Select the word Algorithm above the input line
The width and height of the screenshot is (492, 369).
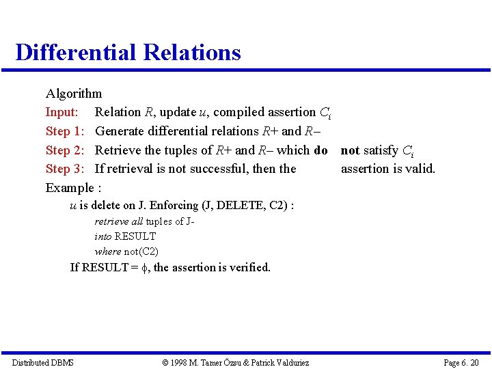click(x=74, y=94)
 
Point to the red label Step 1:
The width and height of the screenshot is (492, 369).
click(x=65, y=131)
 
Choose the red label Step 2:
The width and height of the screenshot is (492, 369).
click(x=65, y=150)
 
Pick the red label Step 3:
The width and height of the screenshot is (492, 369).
click(x=65, y=169)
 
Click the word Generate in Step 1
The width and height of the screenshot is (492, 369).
click(x=122, y=131)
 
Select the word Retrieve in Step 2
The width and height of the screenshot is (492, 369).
click(x=118, y=150)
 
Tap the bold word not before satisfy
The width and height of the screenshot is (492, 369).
click(x=350, y=150)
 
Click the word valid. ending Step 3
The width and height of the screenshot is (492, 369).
click(x=419, y=169)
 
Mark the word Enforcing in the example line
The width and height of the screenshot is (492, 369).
click(x=174, y=206)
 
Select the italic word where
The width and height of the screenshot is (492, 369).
click(x=107, y=251)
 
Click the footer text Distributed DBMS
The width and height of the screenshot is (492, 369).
click(x=42, y=362)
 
